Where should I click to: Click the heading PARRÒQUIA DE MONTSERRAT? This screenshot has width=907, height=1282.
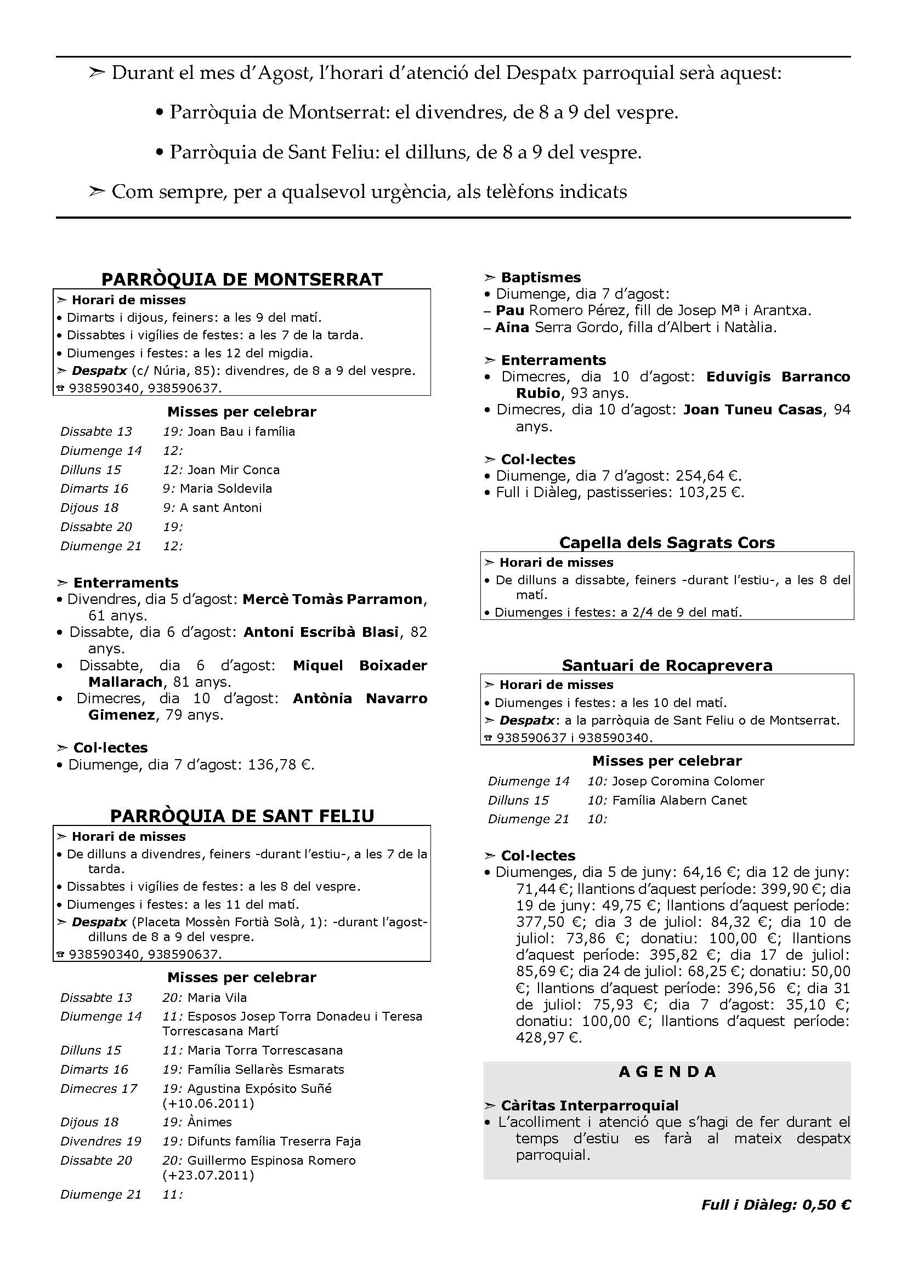click(x=242, y=279)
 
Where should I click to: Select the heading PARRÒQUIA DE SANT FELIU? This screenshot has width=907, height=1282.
click(x=242, y=816)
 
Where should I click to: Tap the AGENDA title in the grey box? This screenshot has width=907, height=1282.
click(x=667, y=1072)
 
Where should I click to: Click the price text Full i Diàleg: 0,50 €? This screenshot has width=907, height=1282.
click(x=776, y=1204)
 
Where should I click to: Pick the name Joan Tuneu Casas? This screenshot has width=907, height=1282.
click(x=753, y=409)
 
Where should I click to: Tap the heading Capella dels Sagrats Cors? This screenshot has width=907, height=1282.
click(x=667, y=543)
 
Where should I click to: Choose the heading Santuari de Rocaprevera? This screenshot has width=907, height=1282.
click(x=667, y=665)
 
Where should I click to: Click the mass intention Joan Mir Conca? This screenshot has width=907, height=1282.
click(x=234, y=470)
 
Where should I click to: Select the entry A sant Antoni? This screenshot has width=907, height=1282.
click(x=220, y=508)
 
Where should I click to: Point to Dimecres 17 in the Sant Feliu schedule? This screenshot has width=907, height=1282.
click(x=99, y=1089)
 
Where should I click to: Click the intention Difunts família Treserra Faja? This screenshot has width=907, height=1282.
click(x=274, y=1141)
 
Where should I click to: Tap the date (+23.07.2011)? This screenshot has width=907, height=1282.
click(x=208, y=1175)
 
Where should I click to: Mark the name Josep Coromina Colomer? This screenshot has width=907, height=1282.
click(x=688, y=781)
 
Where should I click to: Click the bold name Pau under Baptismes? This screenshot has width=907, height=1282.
click(x=509, y=310)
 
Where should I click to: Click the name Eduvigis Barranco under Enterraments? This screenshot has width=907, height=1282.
click(x=778, y=377)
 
